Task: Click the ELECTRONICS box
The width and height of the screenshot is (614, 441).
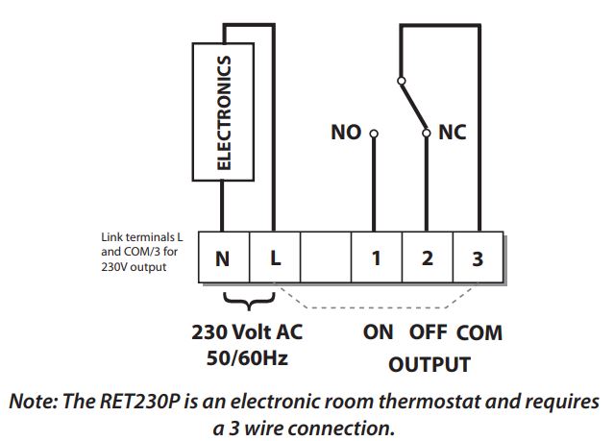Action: pos(222,112)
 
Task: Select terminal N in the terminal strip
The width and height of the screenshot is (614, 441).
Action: pos(223,257)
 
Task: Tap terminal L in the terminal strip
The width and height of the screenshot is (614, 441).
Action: pos(275,257)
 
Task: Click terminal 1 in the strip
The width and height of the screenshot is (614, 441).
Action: pos(377,257)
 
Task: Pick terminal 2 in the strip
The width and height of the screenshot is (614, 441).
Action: pos(428,257)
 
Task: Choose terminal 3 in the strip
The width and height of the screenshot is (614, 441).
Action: pos(479,257)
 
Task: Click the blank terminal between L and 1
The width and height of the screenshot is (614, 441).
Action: pos(326,257)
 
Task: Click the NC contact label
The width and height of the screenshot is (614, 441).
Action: pos(452,133)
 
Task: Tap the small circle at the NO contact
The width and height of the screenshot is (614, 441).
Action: pos(375,134)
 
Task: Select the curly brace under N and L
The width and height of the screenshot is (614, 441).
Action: pos(248,304)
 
